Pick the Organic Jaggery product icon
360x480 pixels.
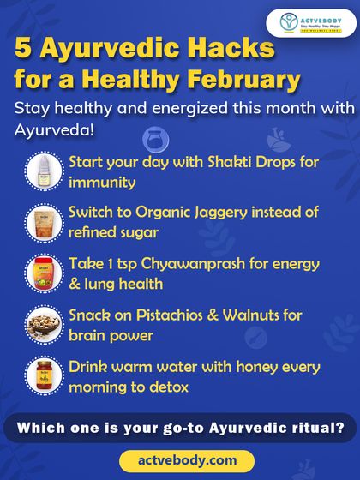(x=41, y=221)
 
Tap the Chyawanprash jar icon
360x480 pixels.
(x=41, y=273)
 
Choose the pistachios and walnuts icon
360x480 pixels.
(x=41, y=324)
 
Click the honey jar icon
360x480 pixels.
(x=41, y=375)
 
